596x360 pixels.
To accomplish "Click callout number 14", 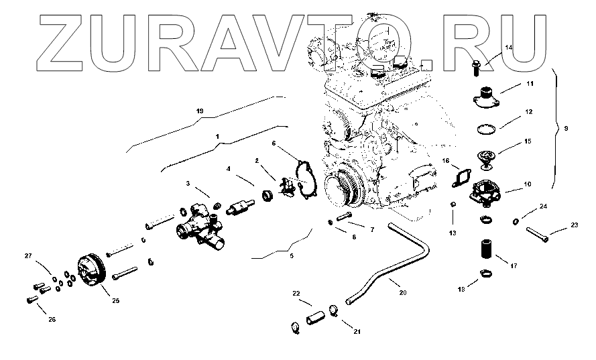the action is click(x=508, y=48).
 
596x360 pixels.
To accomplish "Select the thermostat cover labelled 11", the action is click(x=485, y=94).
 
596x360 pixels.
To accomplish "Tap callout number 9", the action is click(x=567, y=128).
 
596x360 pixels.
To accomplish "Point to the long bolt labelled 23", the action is click(x=537, y=233).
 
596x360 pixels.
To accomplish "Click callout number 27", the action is click(x=28, y=255).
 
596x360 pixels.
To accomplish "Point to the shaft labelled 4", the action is click(x=239, y=205).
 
